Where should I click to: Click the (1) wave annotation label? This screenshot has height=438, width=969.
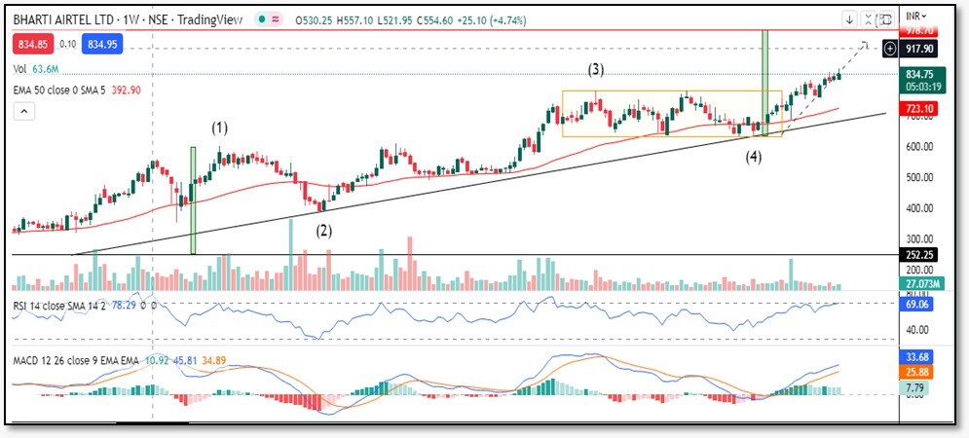(221, 128)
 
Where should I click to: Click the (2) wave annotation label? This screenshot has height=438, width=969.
(324, 231)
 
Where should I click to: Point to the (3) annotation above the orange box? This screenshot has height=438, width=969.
(595, 69)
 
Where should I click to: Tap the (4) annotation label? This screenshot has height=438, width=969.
(754, 157)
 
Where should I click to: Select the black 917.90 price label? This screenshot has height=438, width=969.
(920, 48)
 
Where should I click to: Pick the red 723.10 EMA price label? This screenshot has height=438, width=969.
(920, 108)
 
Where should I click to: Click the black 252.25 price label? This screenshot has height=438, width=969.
(920, 254)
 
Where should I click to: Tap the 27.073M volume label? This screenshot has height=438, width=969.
(920, 283)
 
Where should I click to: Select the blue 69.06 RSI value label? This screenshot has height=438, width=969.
(920, 305)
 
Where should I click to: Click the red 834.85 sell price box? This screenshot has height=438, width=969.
(33, 44)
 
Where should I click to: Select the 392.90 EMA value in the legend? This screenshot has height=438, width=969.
(156, 90)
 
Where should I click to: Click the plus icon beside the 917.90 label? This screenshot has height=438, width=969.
(889, 48)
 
